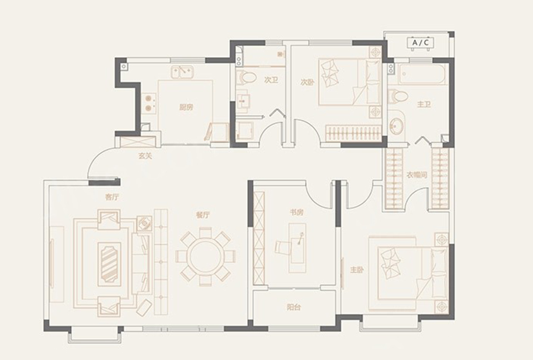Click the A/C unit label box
[420, 43]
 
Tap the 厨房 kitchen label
[186, 107]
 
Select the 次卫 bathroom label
[271, 80]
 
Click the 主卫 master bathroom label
[423, 104]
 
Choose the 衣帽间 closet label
[417, 175]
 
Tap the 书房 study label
[296, 213]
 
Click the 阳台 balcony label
[294, 308]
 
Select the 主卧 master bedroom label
[357, 270]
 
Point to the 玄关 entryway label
[145, 156]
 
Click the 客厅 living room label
[112, 197]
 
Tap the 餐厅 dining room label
[203, 215]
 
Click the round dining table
[205, 256]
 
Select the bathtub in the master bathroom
[422, 74]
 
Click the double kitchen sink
[182, 72]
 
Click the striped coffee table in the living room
[110, 262]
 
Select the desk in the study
[297, 248]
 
